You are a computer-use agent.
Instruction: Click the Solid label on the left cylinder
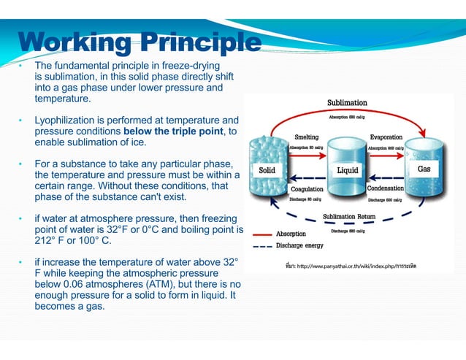click(x=267, y=169)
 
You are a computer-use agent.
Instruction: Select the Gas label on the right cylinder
click(x=424, y=169)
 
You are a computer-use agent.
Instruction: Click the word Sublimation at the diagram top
click(x=347, y=102)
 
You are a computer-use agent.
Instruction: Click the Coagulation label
click(x=307, y=188)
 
